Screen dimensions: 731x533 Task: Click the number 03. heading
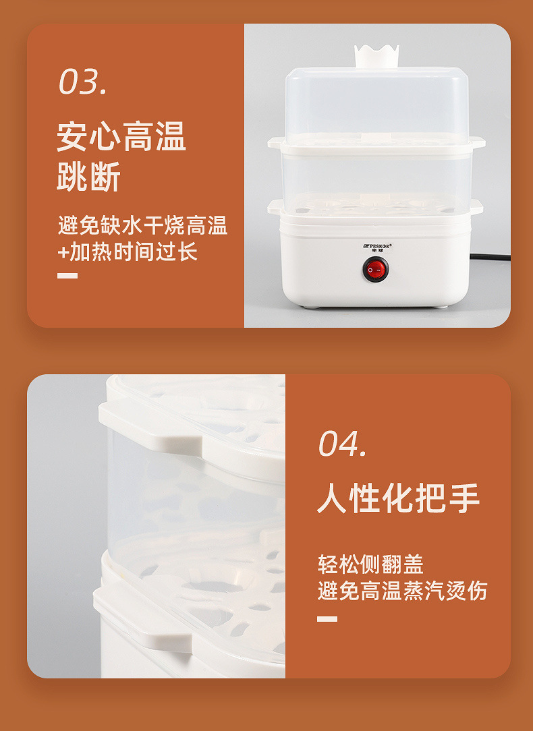82,82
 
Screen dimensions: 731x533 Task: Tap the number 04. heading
343,444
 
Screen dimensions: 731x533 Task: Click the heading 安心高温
121,137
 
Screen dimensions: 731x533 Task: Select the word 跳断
88,177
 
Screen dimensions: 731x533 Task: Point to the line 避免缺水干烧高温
142,225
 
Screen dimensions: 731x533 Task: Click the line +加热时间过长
128,252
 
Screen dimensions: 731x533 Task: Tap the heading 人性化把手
398,498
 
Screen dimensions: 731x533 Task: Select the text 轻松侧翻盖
370,564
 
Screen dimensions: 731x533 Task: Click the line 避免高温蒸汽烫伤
402,591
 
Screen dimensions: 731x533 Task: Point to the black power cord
489,257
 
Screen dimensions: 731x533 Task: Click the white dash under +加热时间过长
67,275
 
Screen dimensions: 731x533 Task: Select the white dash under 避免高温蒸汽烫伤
327,618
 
